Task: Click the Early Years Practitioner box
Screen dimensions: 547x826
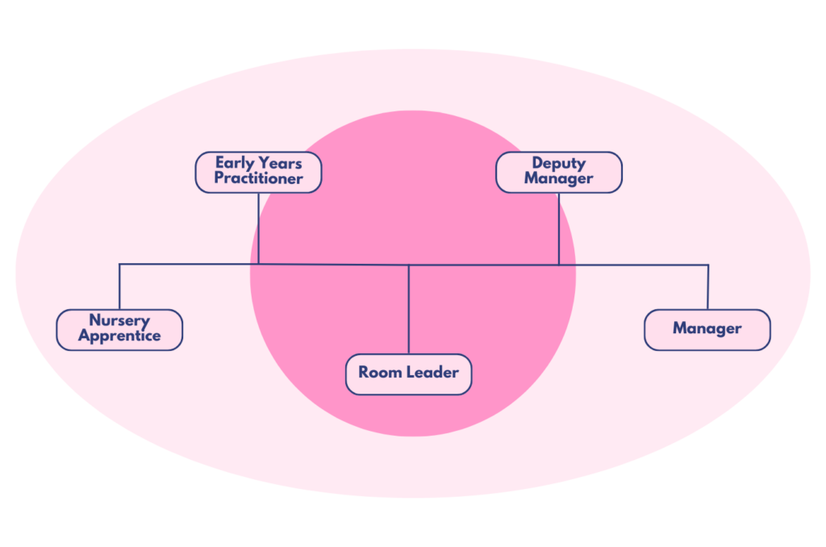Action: (258, 172)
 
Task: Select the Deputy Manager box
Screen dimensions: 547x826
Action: (558, 172)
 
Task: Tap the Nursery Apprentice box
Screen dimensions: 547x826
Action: (119, 329)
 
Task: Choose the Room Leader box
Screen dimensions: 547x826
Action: (408, 374)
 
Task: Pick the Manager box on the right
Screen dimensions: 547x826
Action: (707, 329)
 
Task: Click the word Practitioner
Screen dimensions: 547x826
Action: (258, 179)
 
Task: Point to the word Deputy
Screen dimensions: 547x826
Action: (558, 164)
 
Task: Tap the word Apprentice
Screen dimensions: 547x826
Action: (119, 336)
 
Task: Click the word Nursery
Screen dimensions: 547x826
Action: (119, 321)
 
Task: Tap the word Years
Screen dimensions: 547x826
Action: (279, 164)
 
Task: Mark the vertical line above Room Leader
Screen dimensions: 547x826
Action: (409, 311)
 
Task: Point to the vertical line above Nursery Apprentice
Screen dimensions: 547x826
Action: (119, 286)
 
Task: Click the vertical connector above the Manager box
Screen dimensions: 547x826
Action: (707, 286)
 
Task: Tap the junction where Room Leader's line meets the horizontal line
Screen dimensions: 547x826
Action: (409, 265)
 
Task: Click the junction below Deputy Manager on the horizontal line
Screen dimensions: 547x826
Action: (559, 265)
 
